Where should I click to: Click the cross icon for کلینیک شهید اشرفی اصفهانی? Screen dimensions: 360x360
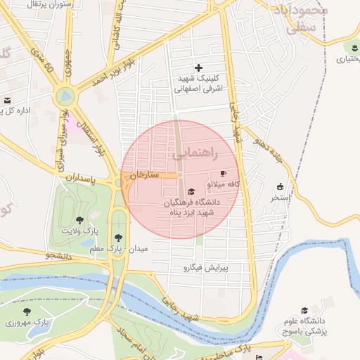coord(199,67)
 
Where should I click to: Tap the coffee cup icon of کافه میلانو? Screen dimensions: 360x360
coord(224,173)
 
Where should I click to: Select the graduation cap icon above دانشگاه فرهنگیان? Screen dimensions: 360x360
coord(191,191)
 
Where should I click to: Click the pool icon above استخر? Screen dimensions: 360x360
coord(281,187)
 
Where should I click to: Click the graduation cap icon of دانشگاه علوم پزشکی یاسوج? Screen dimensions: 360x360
coord(304,311)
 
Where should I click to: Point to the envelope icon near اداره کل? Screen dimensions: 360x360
coord(7,101)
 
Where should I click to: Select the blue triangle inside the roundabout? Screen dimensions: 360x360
coord(65,94)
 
